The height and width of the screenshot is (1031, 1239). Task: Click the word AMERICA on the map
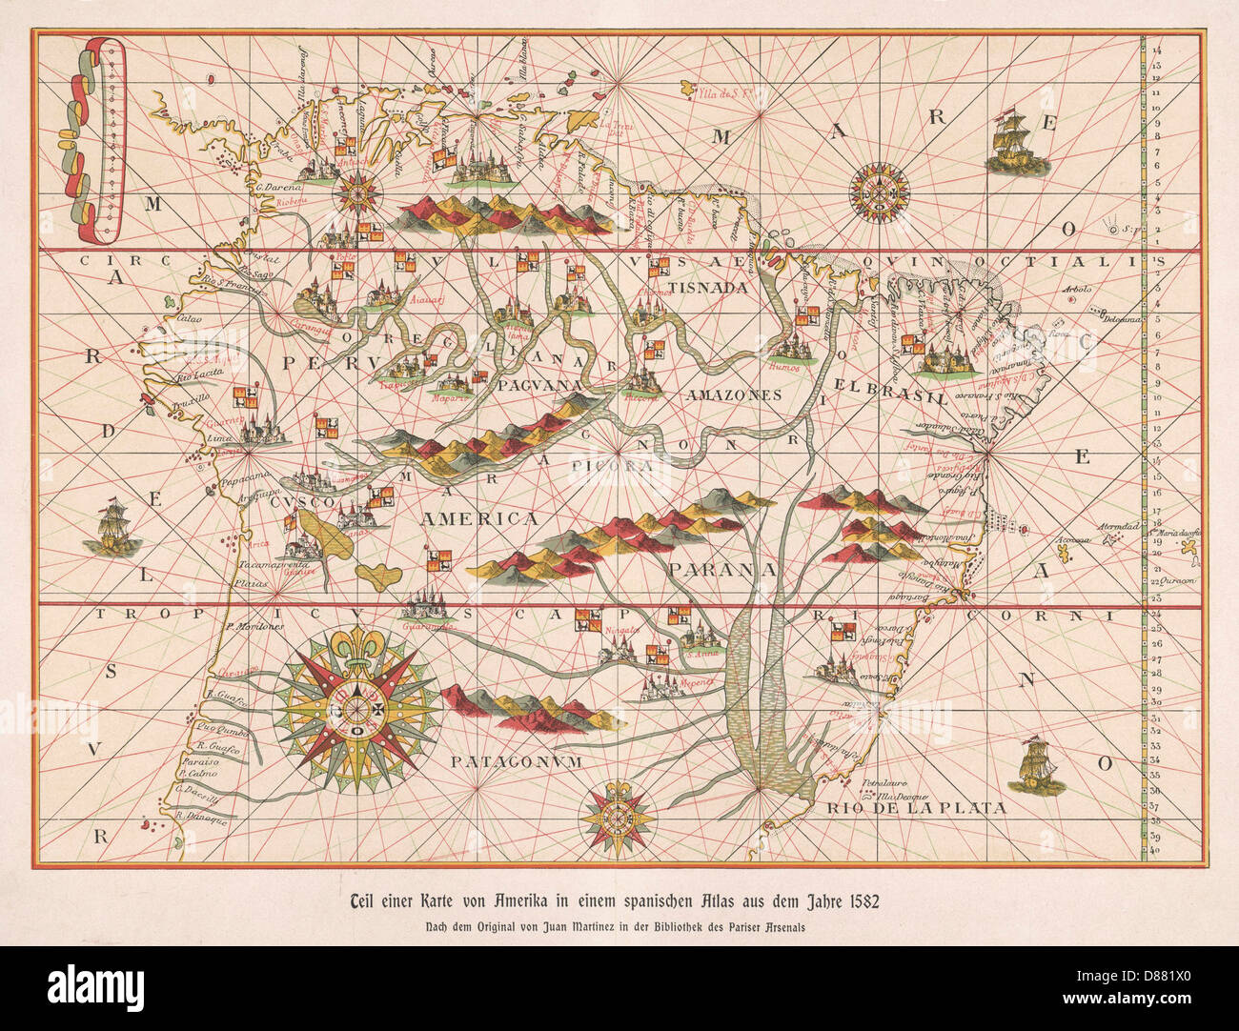click(480, 519)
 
